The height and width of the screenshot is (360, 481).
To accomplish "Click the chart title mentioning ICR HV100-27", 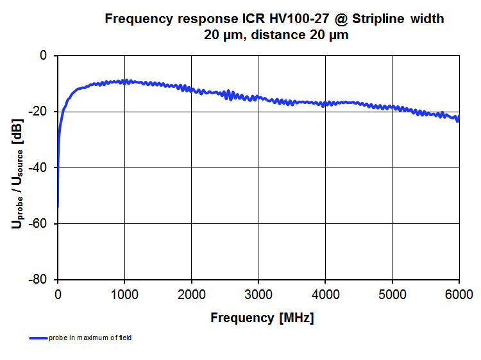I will click(274, 27).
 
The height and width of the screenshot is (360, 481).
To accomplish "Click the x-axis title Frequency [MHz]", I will click(262, 318).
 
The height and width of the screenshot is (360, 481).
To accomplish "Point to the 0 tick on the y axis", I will click(44, 56).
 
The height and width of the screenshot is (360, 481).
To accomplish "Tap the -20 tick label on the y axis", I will click(39, 112).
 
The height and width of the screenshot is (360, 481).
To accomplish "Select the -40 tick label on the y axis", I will click(39, 167).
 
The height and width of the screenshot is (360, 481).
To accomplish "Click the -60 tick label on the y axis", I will click(39, 223).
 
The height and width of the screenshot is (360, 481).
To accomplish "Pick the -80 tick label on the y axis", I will click(39, 280).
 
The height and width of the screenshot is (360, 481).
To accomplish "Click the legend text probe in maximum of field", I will click(90, 338).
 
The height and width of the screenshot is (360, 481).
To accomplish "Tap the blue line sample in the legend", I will click(38, 338).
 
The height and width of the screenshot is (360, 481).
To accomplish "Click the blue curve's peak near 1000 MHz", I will click(126, 81).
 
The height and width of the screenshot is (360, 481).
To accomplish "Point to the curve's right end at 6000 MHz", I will click(458, 118).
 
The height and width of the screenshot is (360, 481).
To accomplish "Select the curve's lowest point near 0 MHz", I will click(58, 207).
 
